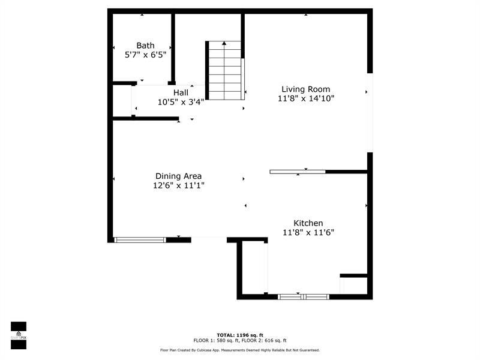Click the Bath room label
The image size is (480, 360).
tap(145, 46)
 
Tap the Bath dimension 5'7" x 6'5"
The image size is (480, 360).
tap(145, 55)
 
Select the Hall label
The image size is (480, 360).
tap(181, 93)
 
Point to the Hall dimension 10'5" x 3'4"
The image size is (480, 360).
tap(181, 102)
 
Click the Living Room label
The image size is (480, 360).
tap(305, 89)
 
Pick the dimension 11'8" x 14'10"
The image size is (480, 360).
tap(305, 98)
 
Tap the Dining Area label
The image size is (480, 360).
tap(178, 176)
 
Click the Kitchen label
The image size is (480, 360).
tap(308, 223)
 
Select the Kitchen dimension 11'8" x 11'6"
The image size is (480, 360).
tap(308, 232)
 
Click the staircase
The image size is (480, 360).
tap(224, 71)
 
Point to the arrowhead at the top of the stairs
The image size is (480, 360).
tap(224, 43)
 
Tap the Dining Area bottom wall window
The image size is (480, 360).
tap(140, 240)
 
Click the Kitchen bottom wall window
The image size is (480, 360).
tap(304, 296)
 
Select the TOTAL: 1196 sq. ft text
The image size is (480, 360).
tap(239, 335)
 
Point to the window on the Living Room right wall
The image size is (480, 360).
tap(370, 112)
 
